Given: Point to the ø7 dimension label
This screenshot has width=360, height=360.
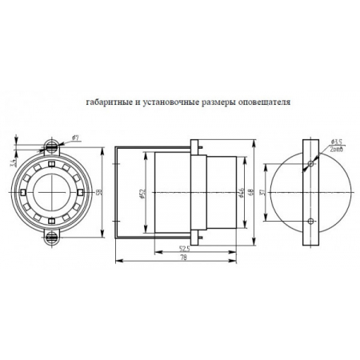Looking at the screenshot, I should [x=74, y=138].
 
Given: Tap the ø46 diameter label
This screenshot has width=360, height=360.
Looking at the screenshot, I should [x=241, y=192].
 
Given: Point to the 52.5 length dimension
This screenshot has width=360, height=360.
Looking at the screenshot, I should [x=185, y=249].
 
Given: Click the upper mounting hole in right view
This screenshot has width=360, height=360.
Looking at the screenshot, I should [x=310, y=166].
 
